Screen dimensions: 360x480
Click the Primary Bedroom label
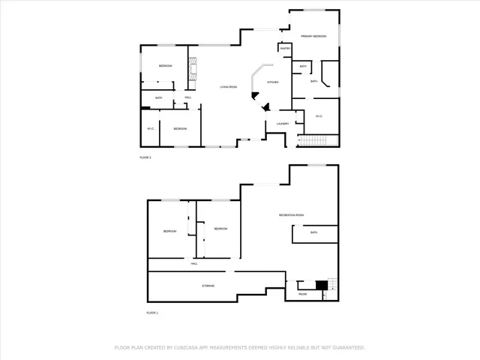coord(313,36)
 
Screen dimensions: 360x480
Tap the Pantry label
coord(285,49)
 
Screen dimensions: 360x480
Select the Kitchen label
coord(274,82)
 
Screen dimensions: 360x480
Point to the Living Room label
coord(229,87)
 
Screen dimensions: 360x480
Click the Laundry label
coord(283,124)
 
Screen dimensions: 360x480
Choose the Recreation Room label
coord(291,215)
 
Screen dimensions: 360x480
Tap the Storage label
coord(208,286)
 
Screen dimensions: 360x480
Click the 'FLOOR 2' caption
coord(145,157)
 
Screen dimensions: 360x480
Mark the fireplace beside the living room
coord(193,71)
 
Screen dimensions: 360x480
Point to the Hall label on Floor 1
coord(193,264)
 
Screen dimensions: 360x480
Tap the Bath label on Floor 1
coord(313,232)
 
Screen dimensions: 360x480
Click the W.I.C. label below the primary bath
coord(319,115)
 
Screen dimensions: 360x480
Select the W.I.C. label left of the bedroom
coord(150,129)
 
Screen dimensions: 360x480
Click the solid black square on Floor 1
coord(322,285)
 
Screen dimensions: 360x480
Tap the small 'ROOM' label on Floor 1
coord(303,294)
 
